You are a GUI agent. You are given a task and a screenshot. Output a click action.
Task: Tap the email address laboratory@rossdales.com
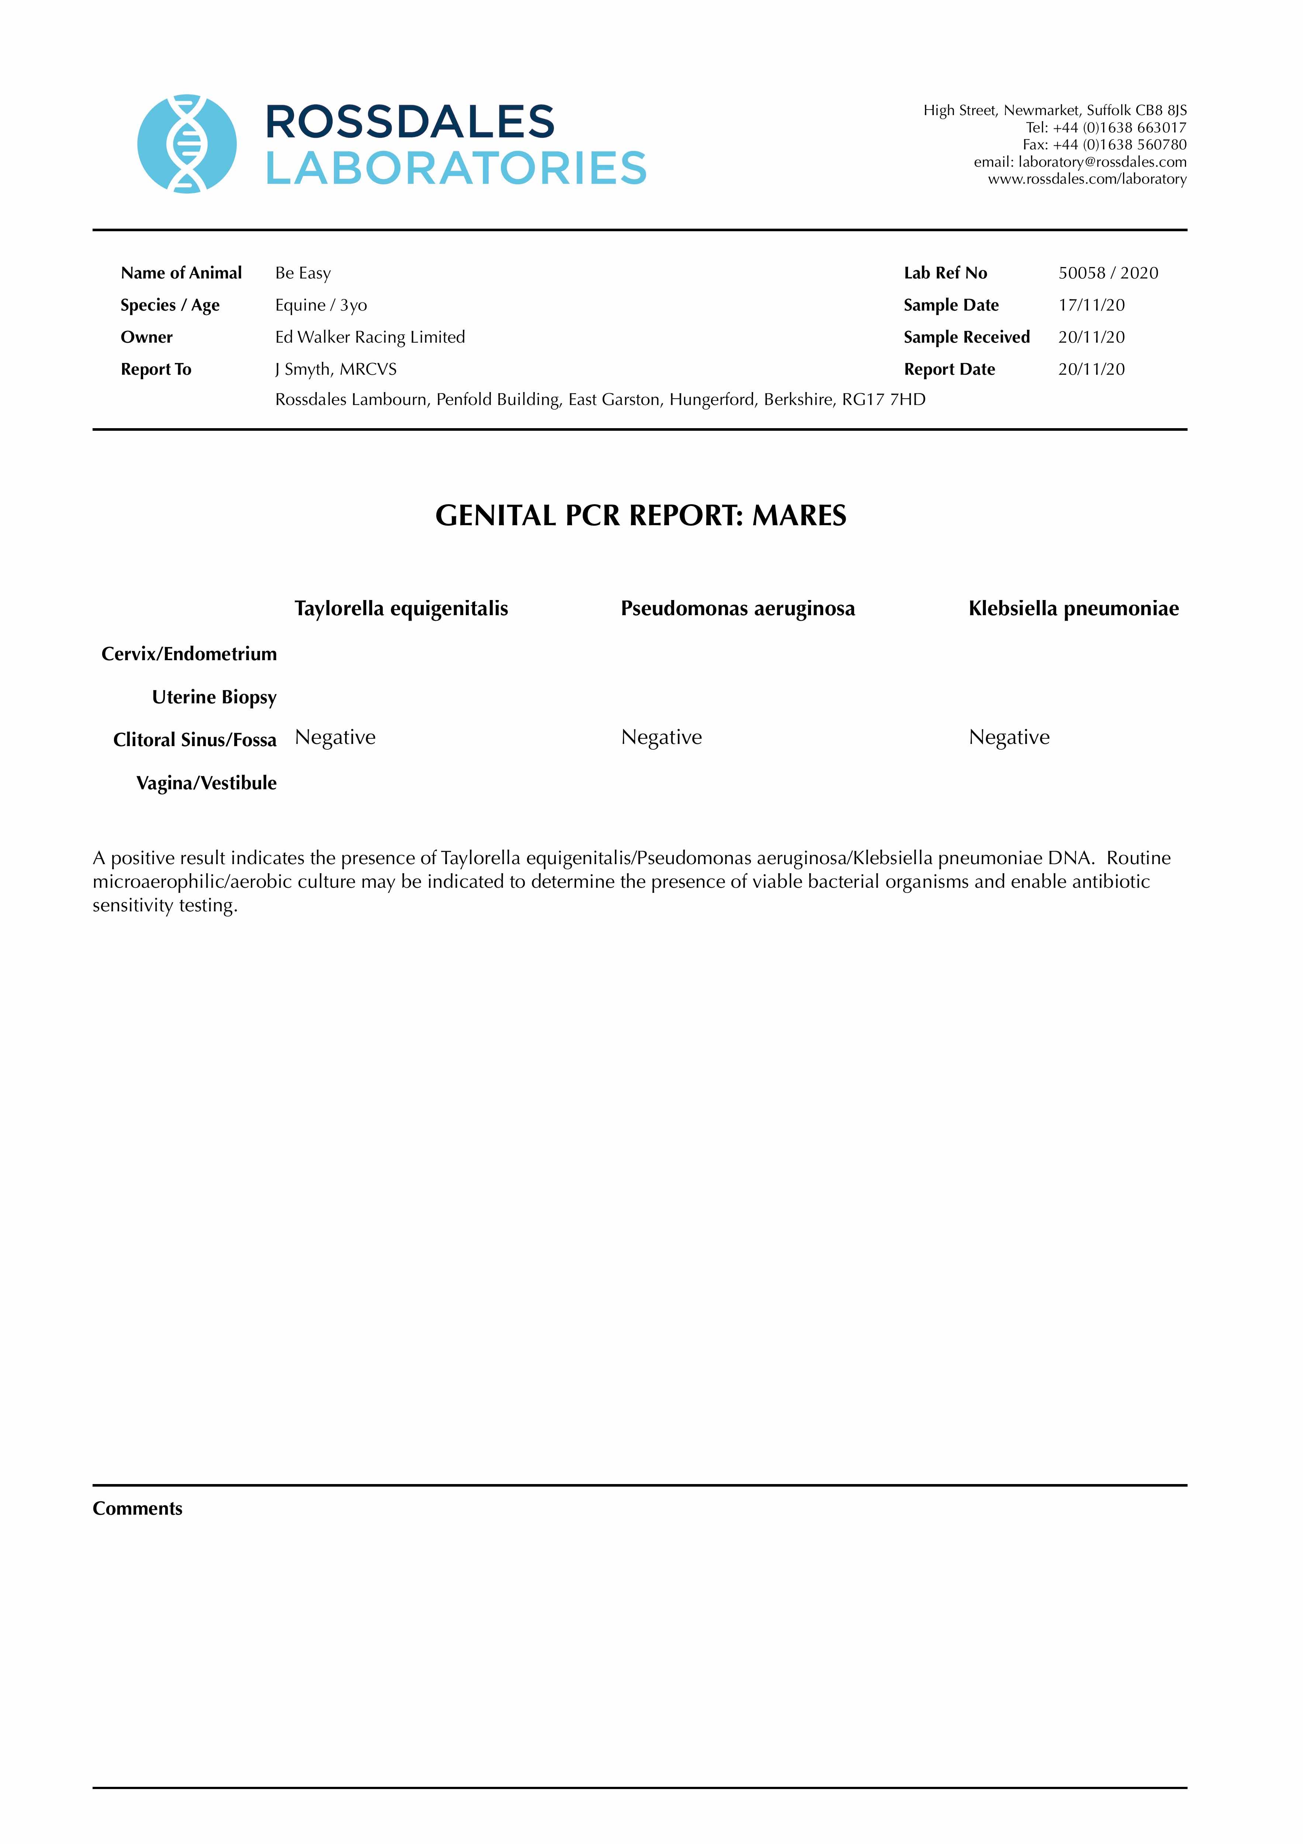click(1102, 162)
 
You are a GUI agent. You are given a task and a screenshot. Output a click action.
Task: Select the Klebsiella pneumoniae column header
click(1073, 609)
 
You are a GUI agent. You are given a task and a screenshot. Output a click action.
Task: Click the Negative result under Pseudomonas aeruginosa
click(661, 737)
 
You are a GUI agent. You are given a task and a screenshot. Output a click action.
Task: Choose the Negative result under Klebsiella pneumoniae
click(1009, 737)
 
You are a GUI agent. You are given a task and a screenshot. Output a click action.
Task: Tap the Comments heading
click(137, 1508)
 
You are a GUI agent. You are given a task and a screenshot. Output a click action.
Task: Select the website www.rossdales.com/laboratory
click(1087, 179)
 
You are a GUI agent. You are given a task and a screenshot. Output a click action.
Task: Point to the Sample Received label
click(966, 337)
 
